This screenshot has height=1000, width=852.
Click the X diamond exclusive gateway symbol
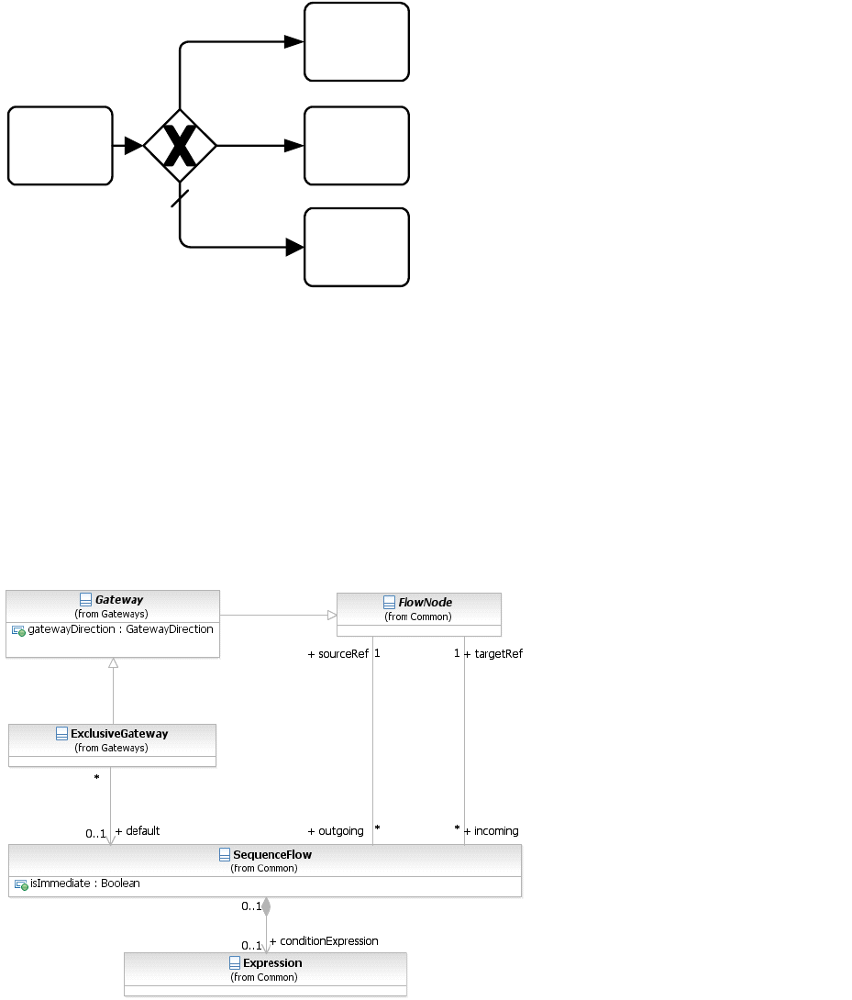pyautogui.click(x=180, y=146)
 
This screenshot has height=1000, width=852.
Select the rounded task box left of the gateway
pyautogui.click(x=61, y=146)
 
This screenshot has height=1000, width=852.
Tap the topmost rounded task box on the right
pyautogui.click(x=357, y=42)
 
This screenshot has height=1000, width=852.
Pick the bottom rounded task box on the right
pyautogui.click(x=357, y=247)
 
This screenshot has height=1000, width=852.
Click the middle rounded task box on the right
pyautogui.click(x=357, y=146)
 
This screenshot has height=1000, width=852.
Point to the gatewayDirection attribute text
pyautogui.click(x=120, y=629)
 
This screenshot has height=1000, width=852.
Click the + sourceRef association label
pyautogui.click(x=337, y=654)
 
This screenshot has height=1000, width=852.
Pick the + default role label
pyautogui.click(x=138, y=831)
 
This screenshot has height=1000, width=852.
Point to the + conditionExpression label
pyautogui.click(x=324, y=941)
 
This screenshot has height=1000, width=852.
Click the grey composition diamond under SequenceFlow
pyautogui.click(x=266, y=907)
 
